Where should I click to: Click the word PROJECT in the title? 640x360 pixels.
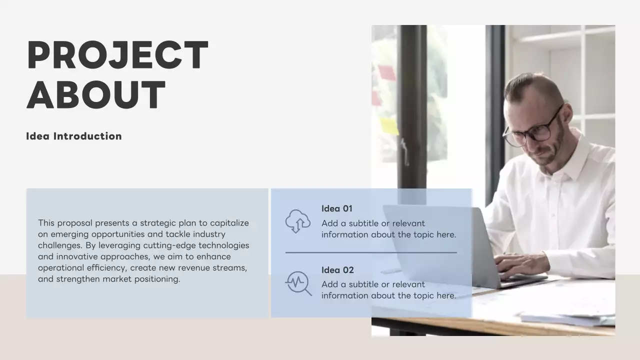point(117,55)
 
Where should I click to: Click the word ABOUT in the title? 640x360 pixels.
point(96,94)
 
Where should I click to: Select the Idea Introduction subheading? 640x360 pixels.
point(74,136)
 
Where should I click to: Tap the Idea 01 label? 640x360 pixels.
point(337,208)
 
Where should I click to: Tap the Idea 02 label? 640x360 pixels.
point(337,270)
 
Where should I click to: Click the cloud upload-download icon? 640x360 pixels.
point(297,221)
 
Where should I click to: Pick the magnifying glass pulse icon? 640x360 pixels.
point(298,282)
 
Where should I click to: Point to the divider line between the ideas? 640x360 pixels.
point(371,252)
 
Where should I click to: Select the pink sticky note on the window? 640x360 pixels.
point(386,73)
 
